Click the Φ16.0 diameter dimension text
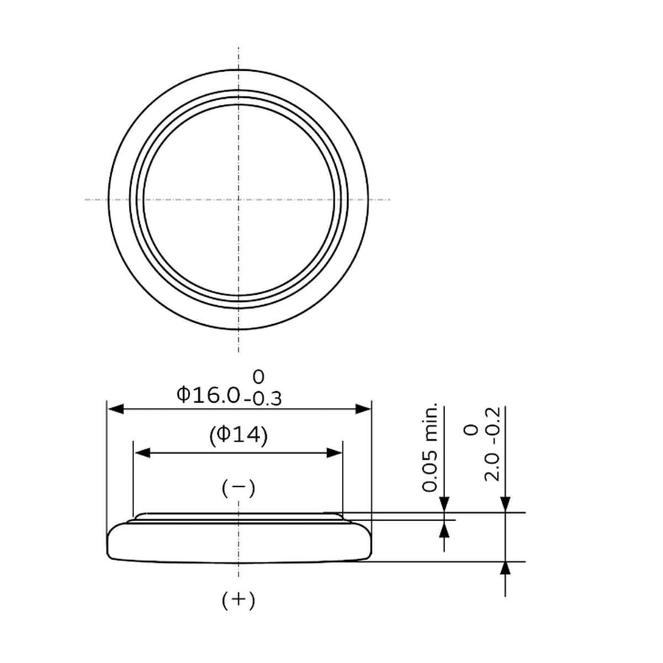click(208, 395)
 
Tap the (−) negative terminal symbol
click(239, 488)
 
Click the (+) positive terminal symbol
click(239, 600)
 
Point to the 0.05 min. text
click(429, 447)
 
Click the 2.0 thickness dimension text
click(492, 468)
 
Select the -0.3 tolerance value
click(263, 399)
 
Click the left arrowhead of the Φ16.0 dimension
click(116, 409)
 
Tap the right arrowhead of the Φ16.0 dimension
click(362, 409)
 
